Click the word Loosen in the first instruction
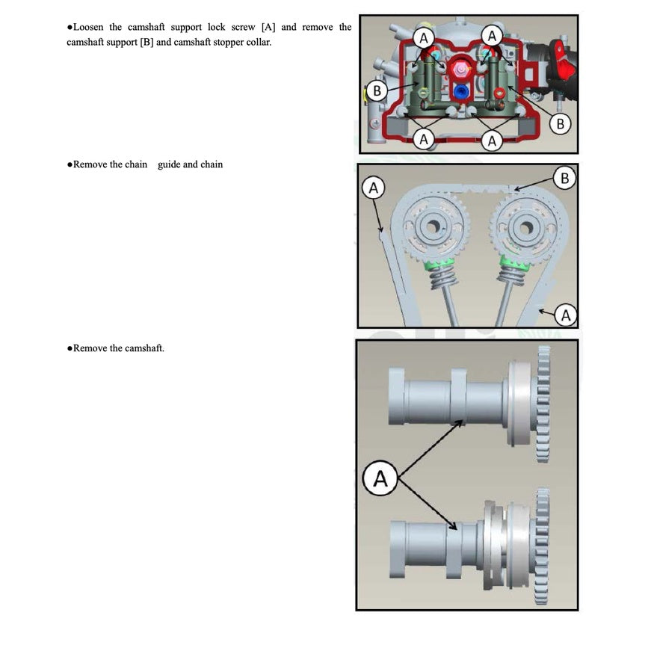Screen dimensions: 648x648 coord(88,27)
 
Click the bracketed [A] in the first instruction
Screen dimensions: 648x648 coord(268,27)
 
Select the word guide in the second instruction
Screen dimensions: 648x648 coord(169,164)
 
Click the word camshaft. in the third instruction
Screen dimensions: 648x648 coord(144,348)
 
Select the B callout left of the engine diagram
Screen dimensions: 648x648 coord(377,90)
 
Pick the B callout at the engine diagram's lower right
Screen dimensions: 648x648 coord(560,123)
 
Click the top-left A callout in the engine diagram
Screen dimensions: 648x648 coord(424,38)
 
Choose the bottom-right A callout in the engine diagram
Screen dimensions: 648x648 coord(491,141)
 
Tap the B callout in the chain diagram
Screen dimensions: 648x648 coord(564,178)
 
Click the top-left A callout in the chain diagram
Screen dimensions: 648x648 coord(373,188)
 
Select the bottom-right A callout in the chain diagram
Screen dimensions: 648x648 coord(565,315)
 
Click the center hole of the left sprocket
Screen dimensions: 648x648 coord(433,226)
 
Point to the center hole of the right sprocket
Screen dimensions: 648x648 coord(526,227)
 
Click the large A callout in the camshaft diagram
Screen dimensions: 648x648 coord(380,478)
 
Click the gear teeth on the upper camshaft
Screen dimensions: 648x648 coord(543,404)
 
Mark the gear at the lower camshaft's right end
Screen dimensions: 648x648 coord(542,546)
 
